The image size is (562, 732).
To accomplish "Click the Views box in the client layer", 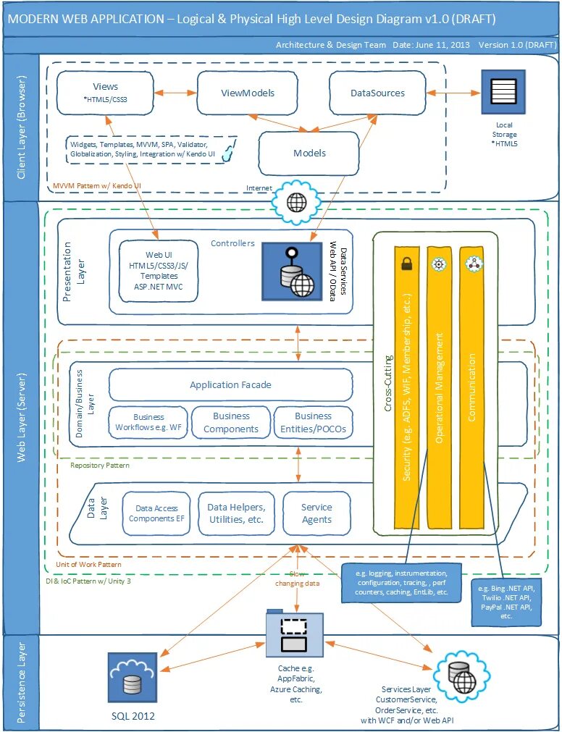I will pyautogui.click(x=106, y=93).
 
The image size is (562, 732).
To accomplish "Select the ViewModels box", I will pyautogui.click(x=247, y=93).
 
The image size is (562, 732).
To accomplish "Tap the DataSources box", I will pyautogui.click(x=377, y=93).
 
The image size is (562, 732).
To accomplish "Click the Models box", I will pyautogui.click(x=309, y=153).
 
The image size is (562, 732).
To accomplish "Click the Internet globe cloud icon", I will pyautogui.click(x=296, y=202).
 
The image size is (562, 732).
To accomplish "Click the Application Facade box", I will pyautogui.click(x=230, y=384).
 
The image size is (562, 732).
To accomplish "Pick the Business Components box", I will pyautogui.click(x=231, y=422).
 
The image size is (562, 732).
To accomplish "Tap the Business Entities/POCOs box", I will pyautogui.click(x=313, y=422).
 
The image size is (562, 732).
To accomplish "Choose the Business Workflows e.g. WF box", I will pyautogui.click(x=148, y=422).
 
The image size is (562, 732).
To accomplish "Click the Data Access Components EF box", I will pyautogui.click(x=156, y=513).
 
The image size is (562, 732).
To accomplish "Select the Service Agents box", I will pyautogui.click(x=316, y=513).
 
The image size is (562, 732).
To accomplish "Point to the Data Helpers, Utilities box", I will pyautogui.click(x=241, y=513).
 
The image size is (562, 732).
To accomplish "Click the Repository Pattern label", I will pyautogui.click(x=100, y=466).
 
